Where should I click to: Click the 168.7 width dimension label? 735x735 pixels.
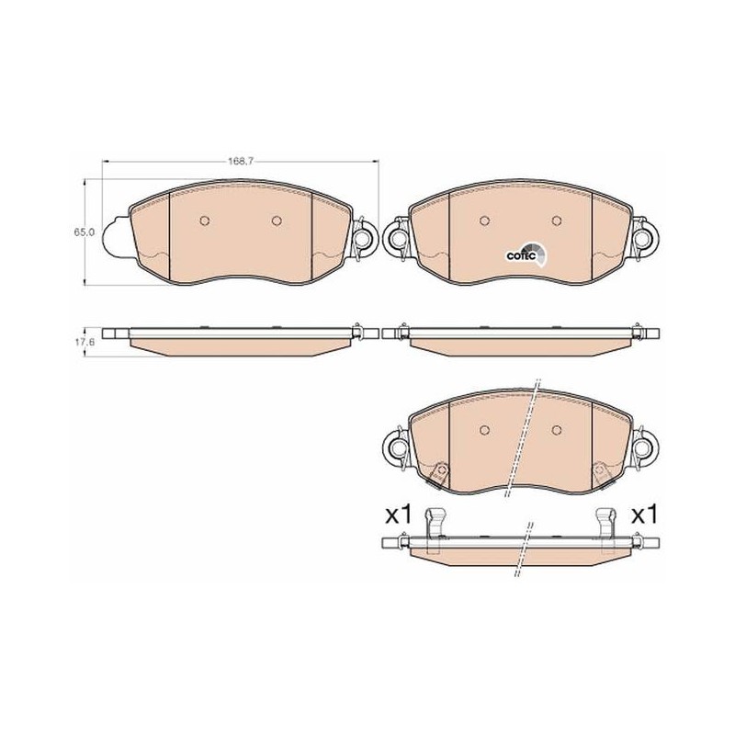pyautogui.click(x=241, y=162)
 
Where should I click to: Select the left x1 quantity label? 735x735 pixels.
pyautogui.click(x=398, y=514)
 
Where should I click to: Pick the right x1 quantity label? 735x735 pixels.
pyautogui.click(x=645, y=514)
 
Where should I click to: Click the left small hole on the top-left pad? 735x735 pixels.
pyautogui.click(x=204, y=220)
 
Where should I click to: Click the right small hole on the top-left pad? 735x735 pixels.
pyautogui.click(x=277, y=220)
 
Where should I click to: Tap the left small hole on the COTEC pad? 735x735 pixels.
pyautogui.click(x=485, y=220)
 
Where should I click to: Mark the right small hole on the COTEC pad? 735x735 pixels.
pyautogui.click(x=557, y=220)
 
